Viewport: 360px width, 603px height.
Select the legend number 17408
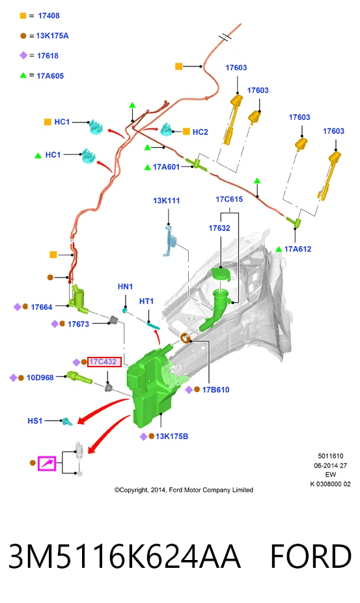[49, 16]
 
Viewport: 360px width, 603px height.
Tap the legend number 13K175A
[52, 36]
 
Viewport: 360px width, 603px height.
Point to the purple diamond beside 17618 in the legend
[23, 55]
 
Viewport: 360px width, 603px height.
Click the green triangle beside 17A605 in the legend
[23, 76]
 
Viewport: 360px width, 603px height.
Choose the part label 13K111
[166, 201]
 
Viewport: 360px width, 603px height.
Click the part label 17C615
[229, 199]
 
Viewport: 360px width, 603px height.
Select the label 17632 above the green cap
[219, 228]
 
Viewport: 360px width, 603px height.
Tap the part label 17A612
[298, 249]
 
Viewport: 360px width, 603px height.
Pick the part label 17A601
[166, 167]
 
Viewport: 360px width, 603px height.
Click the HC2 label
[201, 132]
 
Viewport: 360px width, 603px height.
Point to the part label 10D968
[40, 378]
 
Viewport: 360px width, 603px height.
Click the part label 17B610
[215, 389]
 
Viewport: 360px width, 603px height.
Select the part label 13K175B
[172, 436]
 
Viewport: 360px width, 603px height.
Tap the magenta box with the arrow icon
[47, 464]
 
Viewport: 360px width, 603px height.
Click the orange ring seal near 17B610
[185, 338]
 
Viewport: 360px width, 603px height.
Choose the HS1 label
[35, 421]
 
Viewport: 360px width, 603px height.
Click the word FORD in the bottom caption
[311, 556]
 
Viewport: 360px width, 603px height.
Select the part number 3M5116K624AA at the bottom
[124, 556]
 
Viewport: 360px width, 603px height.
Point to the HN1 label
[126, 287]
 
